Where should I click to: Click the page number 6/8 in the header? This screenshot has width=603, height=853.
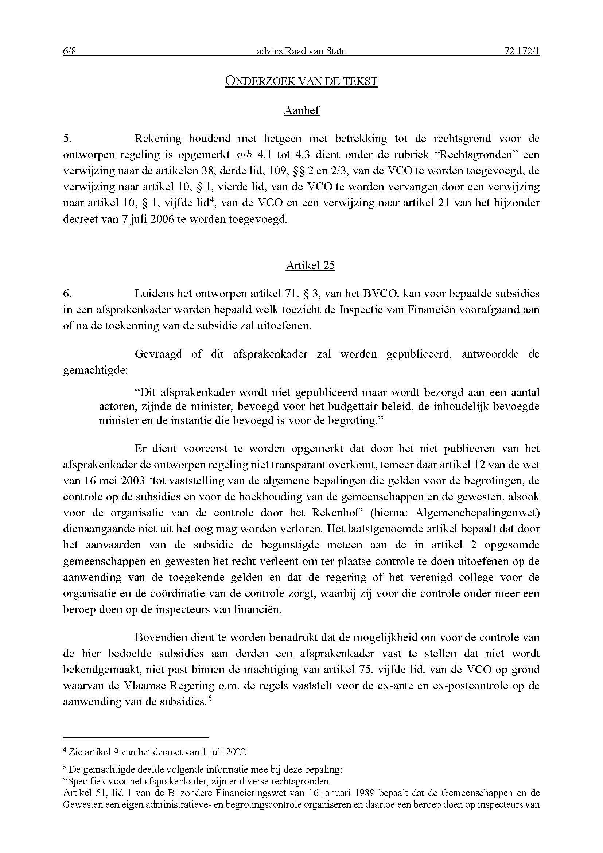click(69, 51)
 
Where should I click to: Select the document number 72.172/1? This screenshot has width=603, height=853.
click(522, 51)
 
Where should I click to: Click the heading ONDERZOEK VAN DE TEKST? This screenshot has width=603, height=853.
click(301, 81)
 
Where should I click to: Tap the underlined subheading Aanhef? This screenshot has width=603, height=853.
click(301, 111)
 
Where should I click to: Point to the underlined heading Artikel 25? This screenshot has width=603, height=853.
click(310, 265)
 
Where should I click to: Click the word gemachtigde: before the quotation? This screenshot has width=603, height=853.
click(95, 371)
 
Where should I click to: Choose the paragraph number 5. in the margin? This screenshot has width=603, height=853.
click(67, 139)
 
